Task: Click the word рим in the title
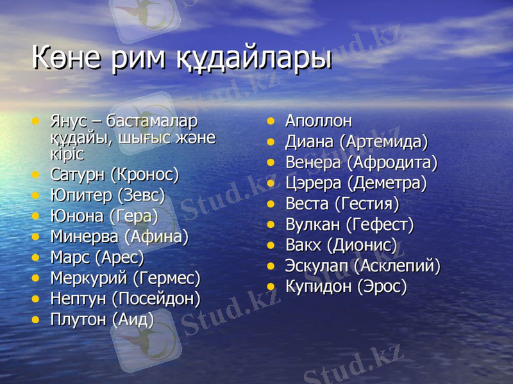tap(137, 59)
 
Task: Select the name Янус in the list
tap(67, 121)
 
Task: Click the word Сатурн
tap(78, 173)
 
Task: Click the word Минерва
tap(85, 237)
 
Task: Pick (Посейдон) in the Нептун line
tap(156, 299)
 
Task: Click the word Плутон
tap(78, 320)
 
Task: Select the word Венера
tap(314, 163)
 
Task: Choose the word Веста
tap(307, 205)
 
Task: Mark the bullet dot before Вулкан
tap(272, 225)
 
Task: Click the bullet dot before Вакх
tap(272, 245)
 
